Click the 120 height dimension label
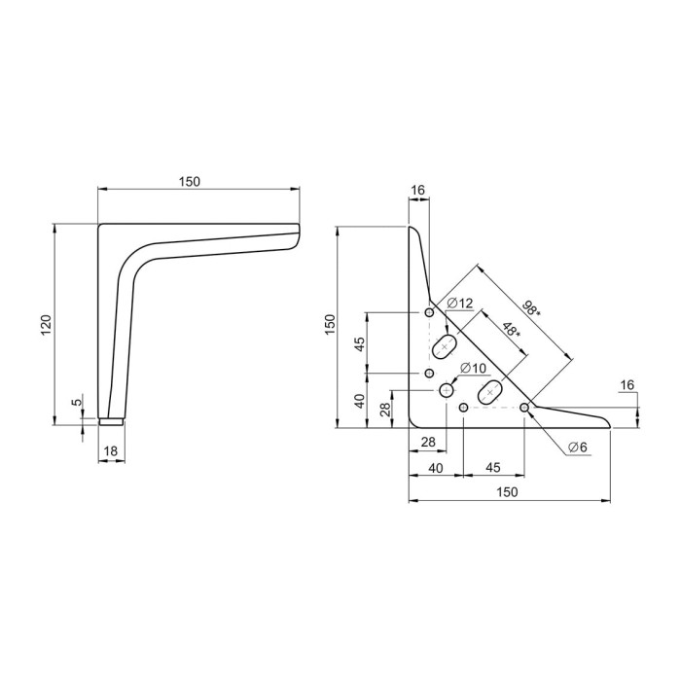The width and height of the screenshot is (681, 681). click(x=47, y=324)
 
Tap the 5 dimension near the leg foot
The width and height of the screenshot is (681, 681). click(x=77, y=402)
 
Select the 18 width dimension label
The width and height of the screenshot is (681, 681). click(x=111, y=451)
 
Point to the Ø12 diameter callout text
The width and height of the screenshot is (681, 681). click(x=459, y=303)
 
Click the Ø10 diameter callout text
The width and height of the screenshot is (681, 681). click(x=473, y=369)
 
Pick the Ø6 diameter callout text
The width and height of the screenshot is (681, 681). click(x=577, y=447)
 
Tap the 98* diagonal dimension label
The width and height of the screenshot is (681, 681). click(x=531, y=308)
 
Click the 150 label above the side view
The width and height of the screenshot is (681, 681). click(x=190, y=182)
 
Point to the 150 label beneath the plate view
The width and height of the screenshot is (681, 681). click(x=507, y=491)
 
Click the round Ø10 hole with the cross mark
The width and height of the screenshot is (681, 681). click(x=446, y=390)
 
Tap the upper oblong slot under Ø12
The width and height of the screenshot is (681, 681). click(x=445, y=346)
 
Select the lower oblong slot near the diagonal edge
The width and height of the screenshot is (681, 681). click(x=490, y=392)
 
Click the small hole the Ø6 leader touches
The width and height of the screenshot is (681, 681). click(x=524, y=408)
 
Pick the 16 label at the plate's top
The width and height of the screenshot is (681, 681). click(x=417, y=191)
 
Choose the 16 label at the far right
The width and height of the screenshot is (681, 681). click(x=627, y=385)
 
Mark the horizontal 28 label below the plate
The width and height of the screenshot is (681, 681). click(x=428, y=442)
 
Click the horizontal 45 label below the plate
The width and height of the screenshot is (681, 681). click(x=492, y=467)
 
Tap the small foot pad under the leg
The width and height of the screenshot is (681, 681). click(x=111, y=421)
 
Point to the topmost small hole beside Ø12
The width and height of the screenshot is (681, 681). click(x=429, y=312)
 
